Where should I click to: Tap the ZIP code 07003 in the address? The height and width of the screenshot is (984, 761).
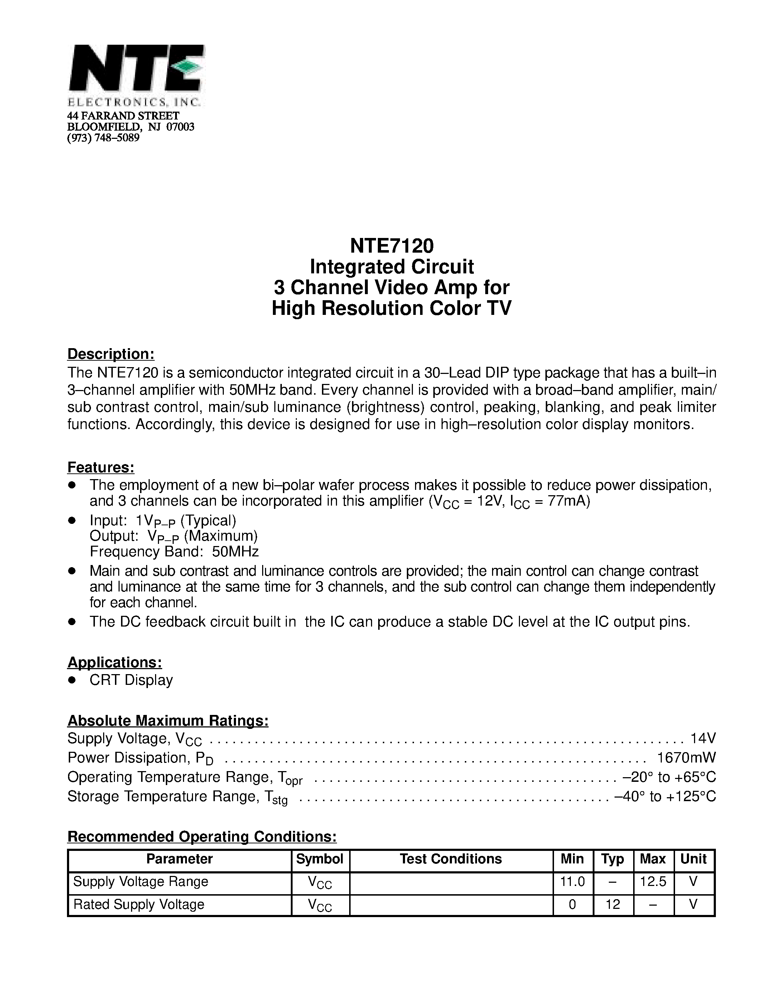click(180, 127)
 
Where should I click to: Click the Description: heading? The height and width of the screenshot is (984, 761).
click(111, 354)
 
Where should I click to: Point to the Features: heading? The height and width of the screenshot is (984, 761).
click(101, 468)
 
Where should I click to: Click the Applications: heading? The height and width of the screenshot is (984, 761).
click(115, 662)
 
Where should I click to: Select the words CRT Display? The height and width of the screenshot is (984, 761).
click(131, 680)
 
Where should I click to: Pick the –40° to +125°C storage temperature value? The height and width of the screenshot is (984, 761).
click(665, 796)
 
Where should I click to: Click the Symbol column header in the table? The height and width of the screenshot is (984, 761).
click(320, 859)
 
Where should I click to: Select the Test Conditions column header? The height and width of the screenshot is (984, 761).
click(451, 859)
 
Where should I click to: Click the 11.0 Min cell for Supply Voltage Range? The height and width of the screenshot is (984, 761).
click(572, 882)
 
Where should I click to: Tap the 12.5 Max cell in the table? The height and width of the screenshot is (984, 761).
click(653, 882)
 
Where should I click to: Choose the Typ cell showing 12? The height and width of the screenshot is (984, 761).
click(613, 904)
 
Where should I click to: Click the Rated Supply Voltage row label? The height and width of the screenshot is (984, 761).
click(139, 904)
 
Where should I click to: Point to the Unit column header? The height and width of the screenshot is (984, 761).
click(693, 859)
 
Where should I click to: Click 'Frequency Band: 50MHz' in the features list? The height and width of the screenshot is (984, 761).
click(174, 551)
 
